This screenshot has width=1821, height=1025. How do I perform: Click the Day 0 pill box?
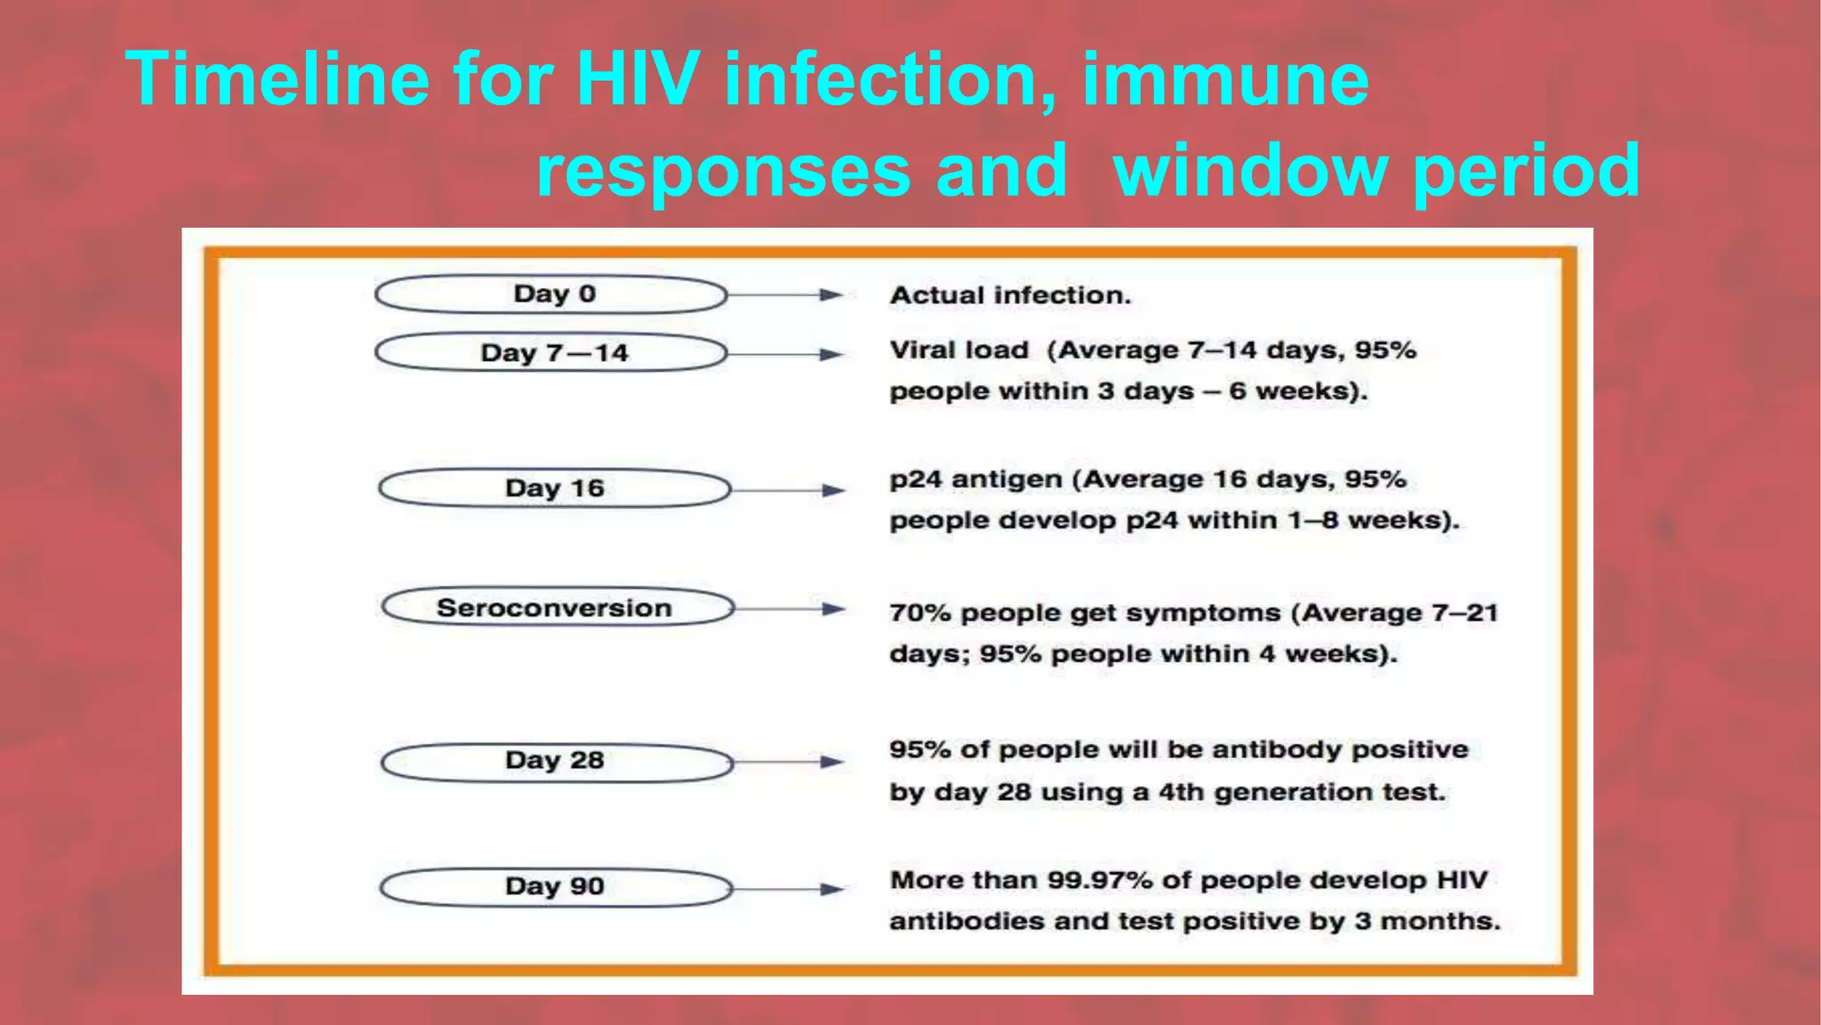coord(551,295)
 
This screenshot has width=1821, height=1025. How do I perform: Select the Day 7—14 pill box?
coord(551,353)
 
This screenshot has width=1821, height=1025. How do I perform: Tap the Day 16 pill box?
coord(555,488)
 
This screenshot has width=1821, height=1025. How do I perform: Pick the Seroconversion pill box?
coord(558,608)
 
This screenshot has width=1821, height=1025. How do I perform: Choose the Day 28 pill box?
coord(557,762)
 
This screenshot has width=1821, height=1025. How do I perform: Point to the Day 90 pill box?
coord(556,887)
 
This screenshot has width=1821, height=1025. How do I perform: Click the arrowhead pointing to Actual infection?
coord(830,295)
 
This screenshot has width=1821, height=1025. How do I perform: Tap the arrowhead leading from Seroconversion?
coord(833,609)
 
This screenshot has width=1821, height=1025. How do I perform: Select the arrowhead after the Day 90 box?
coord(831,888)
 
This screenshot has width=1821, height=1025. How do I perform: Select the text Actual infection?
coord(1010,295)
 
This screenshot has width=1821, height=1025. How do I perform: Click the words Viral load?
coord(959,351)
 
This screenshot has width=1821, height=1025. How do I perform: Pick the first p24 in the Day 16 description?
coord(915,480)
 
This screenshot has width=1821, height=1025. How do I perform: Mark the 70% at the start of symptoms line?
coord(920,613)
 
